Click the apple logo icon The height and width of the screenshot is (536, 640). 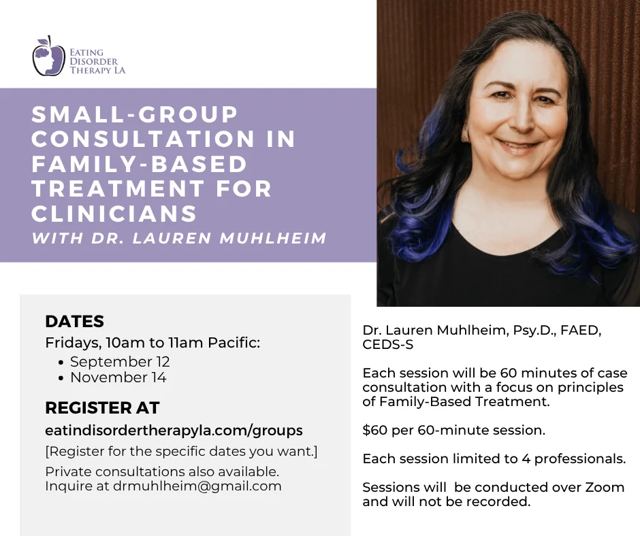click(x=48, y=56)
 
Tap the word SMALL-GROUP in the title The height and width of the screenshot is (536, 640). click(x=135, y=114)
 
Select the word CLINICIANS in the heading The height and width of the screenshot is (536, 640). click(x=114, y=214)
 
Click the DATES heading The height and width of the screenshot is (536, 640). click(x=75, y=321)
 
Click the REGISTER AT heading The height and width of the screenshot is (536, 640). click(x=102, y=407)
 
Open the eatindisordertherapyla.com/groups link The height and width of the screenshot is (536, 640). click(x=174, y=431)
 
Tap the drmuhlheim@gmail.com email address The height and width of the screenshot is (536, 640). click(x=197, y=486)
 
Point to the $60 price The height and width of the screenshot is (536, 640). click(x=374, y=430)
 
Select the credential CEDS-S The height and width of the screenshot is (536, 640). click(x=388, y=345)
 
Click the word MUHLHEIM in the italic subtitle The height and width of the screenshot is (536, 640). click(x=273, y=238)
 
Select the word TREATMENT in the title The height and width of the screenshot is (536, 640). click(x=118, y=188)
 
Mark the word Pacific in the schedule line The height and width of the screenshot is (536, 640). click(x=234, y=343)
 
